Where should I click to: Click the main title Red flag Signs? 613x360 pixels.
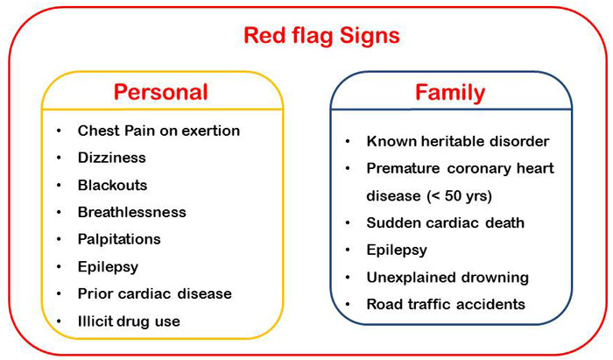321,37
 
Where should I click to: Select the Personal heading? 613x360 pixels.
160,92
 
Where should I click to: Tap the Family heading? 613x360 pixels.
450,94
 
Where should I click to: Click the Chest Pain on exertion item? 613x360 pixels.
159,131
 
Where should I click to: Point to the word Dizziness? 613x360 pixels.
112,158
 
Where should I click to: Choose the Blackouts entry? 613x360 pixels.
113,185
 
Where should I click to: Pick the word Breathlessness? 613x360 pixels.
131,212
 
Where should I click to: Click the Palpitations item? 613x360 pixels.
119,240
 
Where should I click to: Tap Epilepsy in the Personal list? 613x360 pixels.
108,267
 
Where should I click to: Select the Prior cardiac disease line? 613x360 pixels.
155,293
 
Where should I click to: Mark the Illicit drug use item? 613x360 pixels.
129,321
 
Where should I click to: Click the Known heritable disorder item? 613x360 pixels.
458,141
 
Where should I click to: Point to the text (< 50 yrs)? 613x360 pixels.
460,195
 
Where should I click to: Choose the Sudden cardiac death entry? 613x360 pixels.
445,222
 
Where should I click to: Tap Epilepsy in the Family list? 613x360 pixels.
397,251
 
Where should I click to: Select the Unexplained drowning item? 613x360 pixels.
447,278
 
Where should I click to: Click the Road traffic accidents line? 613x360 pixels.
446,304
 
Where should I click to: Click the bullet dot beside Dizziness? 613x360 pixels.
59,158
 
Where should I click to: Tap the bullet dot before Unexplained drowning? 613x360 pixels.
348,277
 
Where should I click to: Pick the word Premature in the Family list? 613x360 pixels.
403,168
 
